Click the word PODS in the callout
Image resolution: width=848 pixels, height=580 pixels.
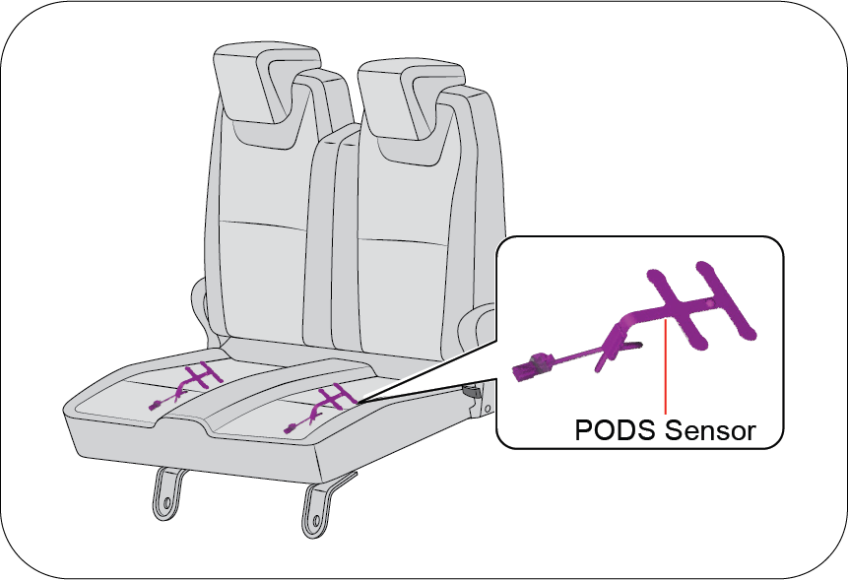pos(616,430)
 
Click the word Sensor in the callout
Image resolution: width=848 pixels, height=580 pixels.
pos(710,430)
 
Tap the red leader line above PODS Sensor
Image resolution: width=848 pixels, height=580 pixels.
pos(665,366)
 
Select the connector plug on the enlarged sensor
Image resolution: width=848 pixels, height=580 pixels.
pos(533,367)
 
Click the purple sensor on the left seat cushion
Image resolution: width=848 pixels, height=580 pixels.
pos(186,385)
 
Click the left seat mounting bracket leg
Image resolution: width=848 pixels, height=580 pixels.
pos(167,493)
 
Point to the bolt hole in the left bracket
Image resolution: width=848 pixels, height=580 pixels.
pos(166,503)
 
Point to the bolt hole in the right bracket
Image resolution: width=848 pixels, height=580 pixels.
pos(316,521)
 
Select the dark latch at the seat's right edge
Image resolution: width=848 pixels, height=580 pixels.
pos(472,391)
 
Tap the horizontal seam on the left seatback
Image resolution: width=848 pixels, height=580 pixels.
pos(263,226)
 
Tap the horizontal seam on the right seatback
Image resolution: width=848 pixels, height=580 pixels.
pos(403,241)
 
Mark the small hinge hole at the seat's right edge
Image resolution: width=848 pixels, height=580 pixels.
pos(489,409)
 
